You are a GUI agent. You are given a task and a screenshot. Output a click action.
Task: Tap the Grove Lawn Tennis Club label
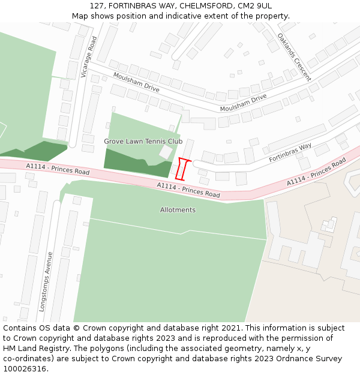143,142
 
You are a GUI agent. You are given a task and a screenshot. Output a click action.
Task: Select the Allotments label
178,210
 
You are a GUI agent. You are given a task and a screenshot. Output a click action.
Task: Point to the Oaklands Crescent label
294,56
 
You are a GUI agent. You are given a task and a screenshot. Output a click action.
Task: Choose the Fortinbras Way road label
290,152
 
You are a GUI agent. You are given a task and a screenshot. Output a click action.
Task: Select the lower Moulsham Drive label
243,103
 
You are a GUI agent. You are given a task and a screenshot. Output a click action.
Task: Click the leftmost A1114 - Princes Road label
58,169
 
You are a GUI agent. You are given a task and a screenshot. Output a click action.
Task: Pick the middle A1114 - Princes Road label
188,190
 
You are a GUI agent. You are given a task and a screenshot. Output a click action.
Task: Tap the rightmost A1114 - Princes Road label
316,172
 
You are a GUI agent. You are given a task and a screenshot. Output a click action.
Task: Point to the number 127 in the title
98,5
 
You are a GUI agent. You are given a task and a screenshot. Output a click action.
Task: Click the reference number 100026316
26,369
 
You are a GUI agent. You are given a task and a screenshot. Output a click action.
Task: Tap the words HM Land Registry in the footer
34,349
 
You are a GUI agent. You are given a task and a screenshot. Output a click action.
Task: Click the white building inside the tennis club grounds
166,152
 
